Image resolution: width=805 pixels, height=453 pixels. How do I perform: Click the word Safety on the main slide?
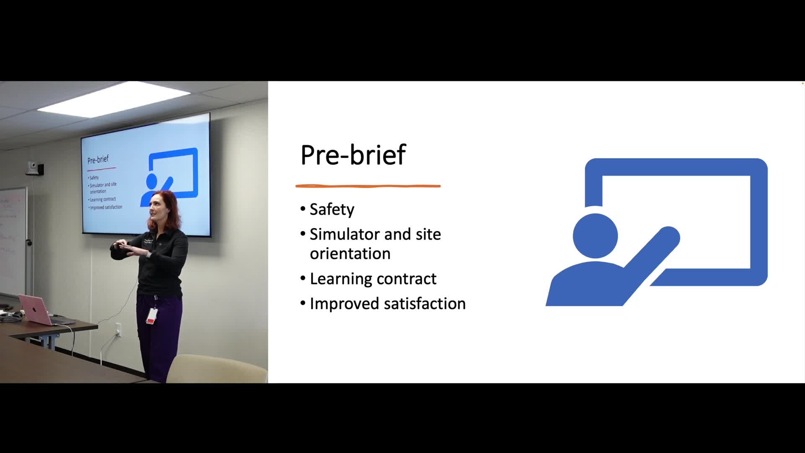pos(332,210)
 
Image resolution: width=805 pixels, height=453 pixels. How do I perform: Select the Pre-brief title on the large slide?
pos(353,155)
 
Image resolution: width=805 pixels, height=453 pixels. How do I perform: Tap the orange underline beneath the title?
pos(368,186)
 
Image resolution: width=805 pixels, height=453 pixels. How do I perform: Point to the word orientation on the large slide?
pos(350,254)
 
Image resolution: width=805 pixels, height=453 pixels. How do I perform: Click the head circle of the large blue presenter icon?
pos(595,236)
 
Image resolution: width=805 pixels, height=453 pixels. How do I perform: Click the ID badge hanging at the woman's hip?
pos(151,315)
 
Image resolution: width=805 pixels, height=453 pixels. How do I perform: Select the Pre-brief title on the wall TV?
pos(98,159)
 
